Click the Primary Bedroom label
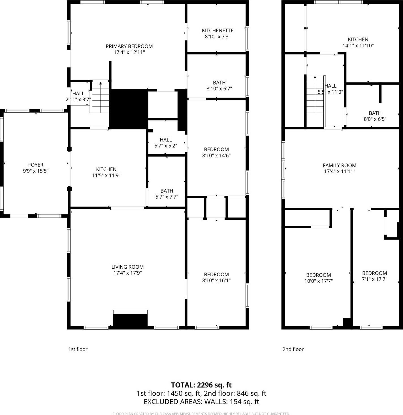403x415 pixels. click(x=129, y=46)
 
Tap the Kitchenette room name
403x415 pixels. click(x=218, y=30)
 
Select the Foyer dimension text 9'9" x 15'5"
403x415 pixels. click(x=36, y=171)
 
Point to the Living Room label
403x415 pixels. click(x=127, y=267)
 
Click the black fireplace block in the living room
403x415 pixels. click(x=130, y=320)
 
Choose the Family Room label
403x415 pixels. click(x=340, y=165)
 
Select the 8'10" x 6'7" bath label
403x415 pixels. click(x=219, y=83)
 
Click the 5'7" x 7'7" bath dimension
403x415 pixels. click(x=167, y=197)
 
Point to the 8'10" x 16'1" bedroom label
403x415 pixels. click(x=216, y=274)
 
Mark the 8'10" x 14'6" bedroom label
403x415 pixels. click(x=216, y=149)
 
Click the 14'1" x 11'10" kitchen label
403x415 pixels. click(x=358, y=39)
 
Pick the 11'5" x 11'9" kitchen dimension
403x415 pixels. click(x=106, y=175)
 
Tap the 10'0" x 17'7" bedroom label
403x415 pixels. click(x=318, y=275)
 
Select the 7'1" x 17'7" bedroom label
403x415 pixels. click(x=374, y=273)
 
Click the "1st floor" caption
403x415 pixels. click(x=78, y=349)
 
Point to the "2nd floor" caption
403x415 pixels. click(x=293, y=349)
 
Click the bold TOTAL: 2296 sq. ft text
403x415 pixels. click(x=201, y=385)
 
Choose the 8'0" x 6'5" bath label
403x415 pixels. click(x=375, y=113)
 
